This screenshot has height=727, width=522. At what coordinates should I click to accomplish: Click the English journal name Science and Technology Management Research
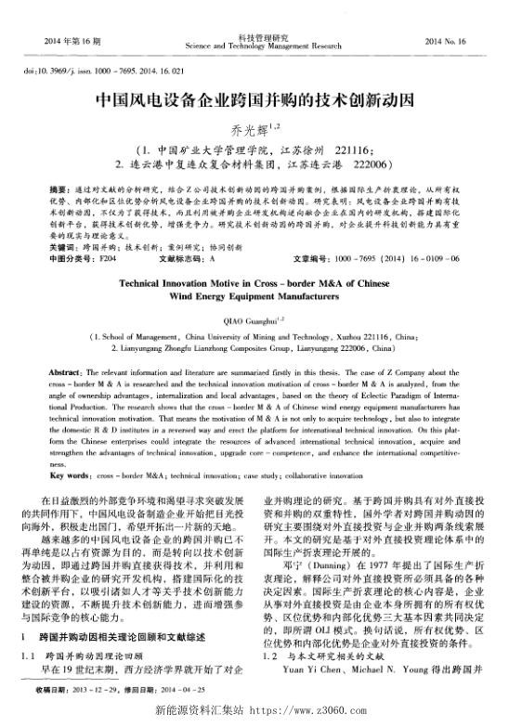pos(264,45)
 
